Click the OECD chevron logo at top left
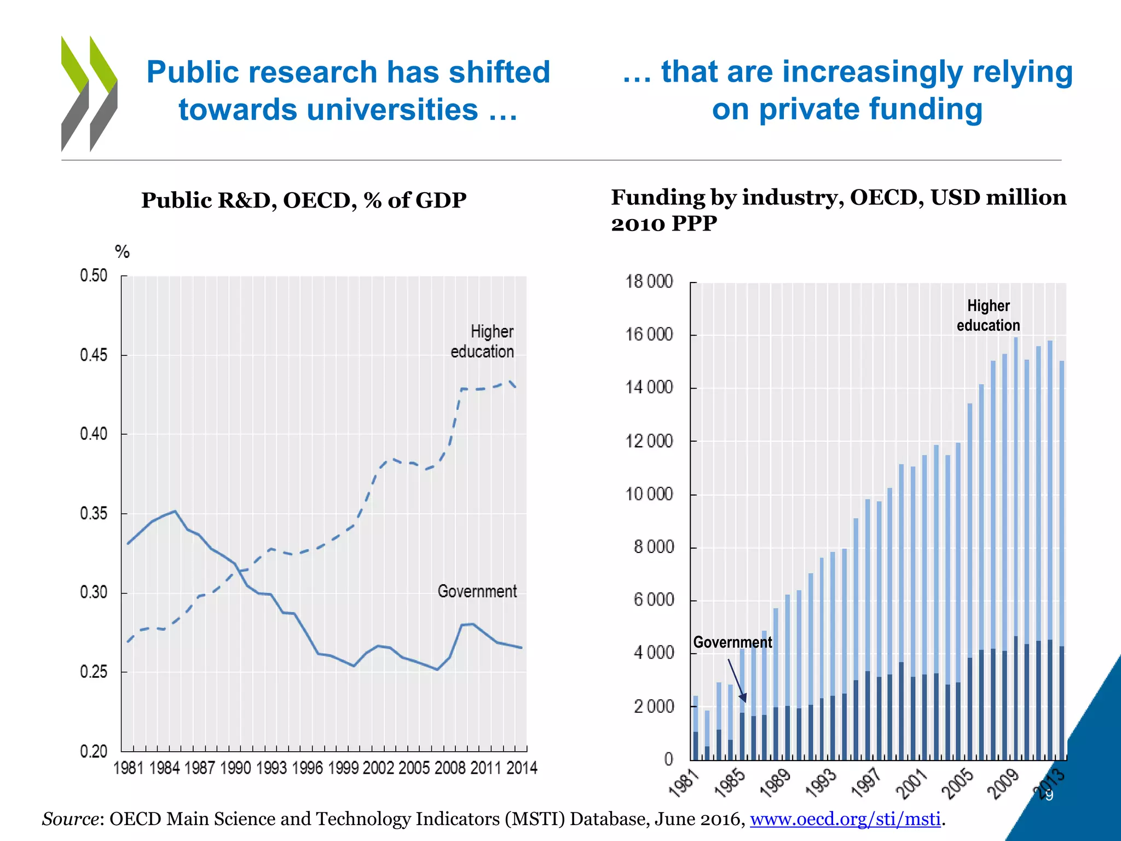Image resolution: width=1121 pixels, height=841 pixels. pos(89,94)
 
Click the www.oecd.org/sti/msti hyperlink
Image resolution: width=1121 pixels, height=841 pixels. pos(845,819)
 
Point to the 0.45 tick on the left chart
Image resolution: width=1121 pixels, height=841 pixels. pos(94,355)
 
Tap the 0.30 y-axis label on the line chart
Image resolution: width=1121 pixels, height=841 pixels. pos(94,592)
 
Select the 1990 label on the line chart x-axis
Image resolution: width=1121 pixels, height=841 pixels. pos(235,768)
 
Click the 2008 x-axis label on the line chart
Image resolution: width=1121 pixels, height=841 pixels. pos(449,768)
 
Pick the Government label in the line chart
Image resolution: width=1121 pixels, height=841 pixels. pos(477,591)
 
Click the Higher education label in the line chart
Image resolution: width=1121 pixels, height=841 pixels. pos(482,341)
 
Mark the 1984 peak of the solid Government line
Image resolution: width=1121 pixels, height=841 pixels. pos(175,511)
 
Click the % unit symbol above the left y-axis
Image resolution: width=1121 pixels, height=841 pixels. pos(122,252)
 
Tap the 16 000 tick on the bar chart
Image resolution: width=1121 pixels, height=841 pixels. pos(649,335)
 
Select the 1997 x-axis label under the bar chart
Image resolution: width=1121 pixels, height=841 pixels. pos(866,782)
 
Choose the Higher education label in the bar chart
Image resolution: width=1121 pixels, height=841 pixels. pos(988,315)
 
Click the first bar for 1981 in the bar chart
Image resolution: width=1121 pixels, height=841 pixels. pos(696,728)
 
